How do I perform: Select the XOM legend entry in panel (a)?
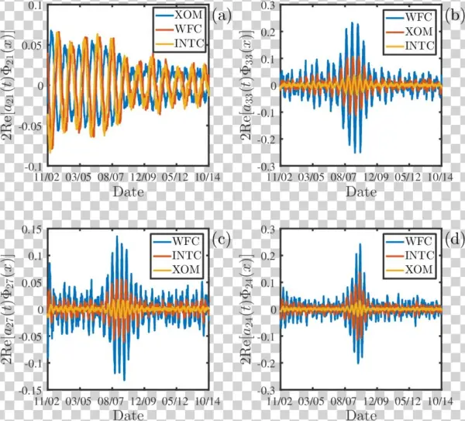[181, 15]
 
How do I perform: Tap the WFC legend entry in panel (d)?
[412, 239]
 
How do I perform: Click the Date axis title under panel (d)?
[360, 416]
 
